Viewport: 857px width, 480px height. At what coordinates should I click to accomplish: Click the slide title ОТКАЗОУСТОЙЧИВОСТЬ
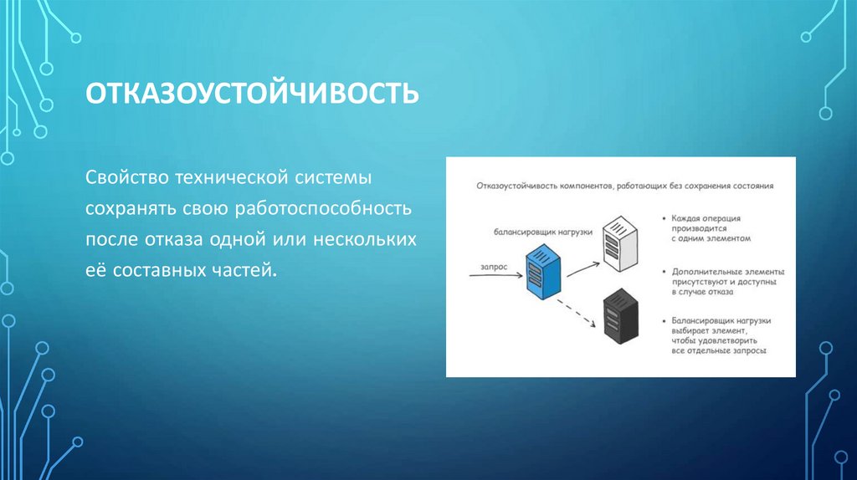[252, 92]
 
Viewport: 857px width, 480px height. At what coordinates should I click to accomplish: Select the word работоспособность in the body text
[326, 209]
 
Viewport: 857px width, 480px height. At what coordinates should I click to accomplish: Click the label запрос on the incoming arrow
[494, 265]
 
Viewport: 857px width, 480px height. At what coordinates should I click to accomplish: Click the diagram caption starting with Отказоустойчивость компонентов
[624, 186]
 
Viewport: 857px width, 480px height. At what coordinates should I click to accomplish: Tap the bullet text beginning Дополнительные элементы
[722, 282]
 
